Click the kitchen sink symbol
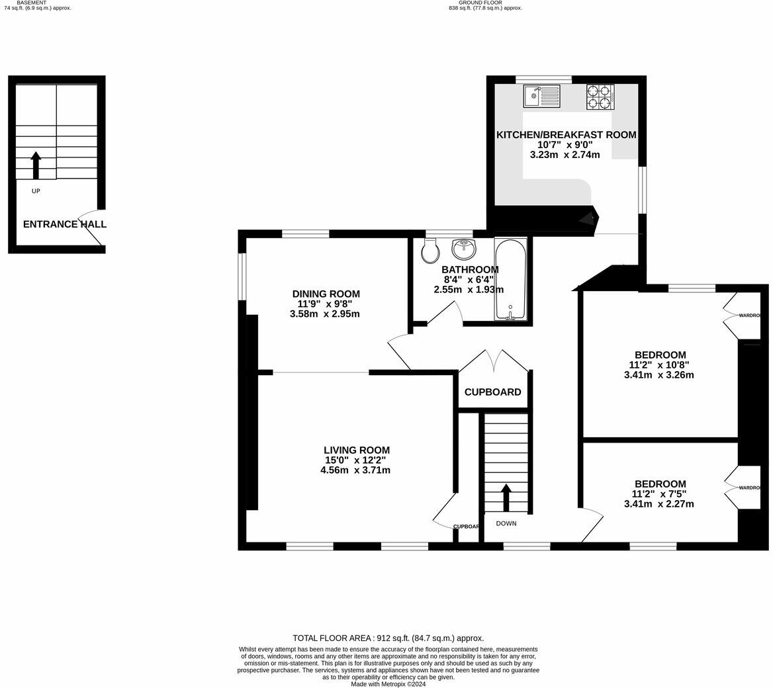541,97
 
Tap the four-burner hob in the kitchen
600,97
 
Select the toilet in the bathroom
430,250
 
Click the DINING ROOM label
326,294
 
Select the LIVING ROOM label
357,450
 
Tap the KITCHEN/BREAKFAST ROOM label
566,135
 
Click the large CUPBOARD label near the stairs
492,392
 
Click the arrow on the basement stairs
36,165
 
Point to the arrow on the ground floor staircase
506,497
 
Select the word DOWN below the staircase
506,523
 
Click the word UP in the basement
36,191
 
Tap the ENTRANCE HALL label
65,224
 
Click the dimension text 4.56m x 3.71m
355,470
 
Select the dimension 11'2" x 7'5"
660,494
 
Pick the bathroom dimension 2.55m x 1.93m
469,289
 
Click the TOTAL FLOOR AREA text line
388,638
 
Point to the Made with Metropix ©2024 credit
388,684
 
